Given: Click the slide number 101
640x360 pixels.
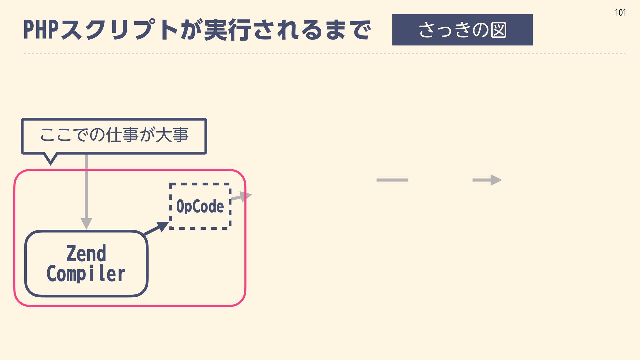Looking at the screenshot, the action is tap(620, 13).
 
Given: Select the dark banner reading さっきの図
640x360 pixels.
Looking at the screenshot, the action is tap(462, 30).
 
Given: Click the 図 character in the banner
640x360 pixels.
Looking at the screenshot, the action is tap(498, 30).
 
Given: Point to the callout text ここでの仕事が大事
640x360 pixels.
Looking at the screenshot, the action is tap(114, 135).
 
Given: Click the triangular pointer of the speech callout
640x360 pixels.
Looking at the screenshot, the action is tap(51, 158).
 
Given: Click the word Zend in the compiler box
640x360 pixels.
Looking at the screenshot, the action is tap(86, 254).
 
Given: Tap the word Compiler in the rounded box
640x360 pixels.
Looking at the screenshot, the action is tap(86, 274).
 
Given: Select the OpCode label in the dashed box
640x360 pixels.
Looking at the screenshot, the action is tap(200, 206).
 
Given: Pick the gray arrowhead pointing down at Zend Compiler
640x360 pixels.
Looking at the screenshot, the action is tap(86, 223).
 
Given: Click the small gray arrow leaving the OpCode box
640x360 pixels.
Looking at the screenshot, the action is tap(242, 197).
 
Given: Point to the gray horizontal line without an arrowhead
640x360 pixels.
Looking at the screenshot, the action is tap(392, 180).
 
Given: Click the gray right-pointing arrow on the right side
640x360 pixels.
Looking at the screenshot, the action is tap(487, 180).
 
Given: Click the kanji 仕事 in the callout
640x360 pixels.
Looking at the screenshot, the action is tap(122, 135).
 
